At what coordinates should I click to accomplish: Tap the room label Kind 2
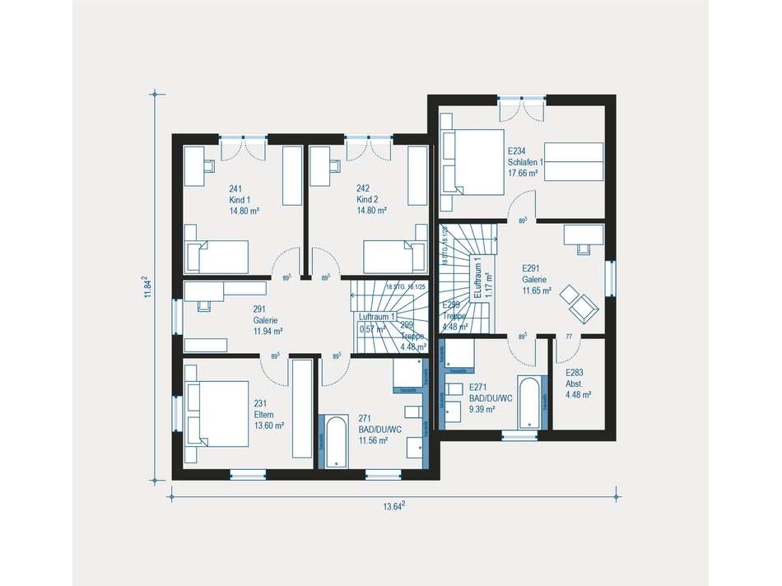(x=367, y=200)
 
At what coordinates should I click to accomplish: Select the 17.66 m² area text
(x=523, y=174)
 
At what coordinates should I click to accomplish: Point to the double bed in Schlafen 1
(x=472, y=161)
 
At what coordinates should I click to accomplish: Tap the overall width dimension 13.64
(x=393, y=507)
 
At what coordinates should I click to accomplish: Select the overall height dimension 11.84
(x=147, y=287)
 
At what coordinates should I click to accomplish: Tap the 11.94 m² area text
(x=268, y=331)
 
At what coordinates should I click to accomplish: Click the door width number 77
(x=567, y=337)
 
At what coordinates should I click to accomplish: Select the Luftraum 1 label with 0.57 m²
(x=376, y=323)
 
